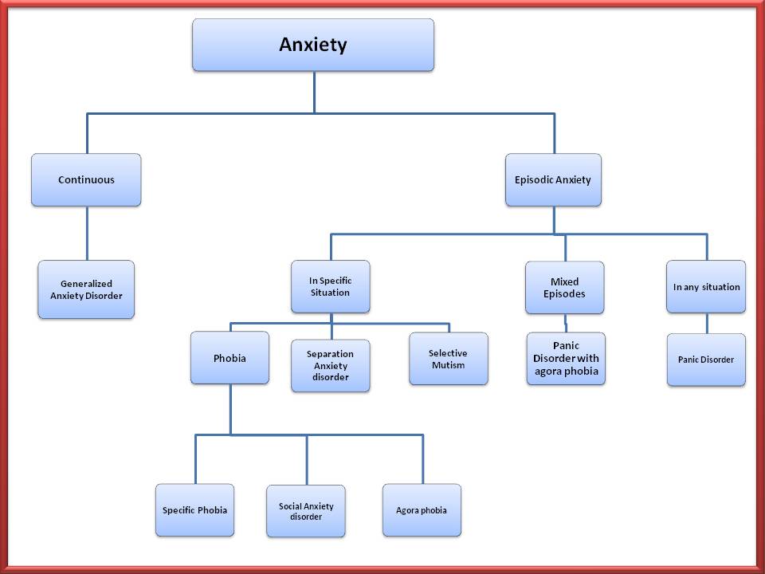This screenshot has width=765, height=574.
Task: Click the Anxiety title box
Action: pos(313,45)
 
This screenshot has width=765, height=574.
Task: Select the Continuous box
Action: pos(86,180)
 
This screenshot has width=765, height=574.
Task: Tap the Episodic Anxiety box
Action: pos(553,180)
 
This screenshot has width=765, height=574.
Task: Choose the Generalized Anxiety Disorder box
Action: pos(86,289)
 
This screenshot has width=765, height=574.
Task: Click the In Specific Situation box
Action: pos(330,286)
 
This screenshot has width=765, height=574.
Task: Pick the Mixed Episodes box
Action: pos(564,287)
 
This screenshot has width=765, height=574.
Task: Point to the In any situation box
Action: pos(706,286)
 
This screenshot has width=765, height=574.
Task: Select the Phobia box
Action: pos(229,358)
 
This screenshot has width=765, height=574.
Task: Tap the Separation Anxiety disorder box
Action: pos(330,365)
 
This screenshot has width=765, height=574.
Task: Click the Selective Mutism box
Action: pos(448,359)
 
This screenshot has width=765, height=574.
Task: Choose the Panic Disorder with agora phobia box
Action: pos(566,358)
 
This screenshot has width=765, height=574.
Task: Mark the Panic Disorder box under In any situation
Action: pos(706,360)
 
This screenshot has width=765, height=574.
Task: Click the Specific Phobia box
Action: pos(194,510)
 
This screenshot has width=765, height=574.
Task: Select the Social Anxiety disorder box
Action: pos(306,511)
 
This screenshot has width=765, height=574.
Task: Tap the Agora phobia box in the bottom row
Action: pos(422,510)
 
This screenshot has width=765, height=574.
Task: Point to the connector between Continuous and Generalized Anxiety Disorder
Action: pos(87,234)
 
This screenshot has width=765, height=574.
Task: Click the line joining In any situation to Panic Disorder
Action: pos(707,323)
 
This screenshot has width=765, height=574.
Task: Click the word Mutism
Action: pos(448,365)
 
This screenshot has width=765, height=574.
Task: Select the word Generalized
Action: pos(86,284)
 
